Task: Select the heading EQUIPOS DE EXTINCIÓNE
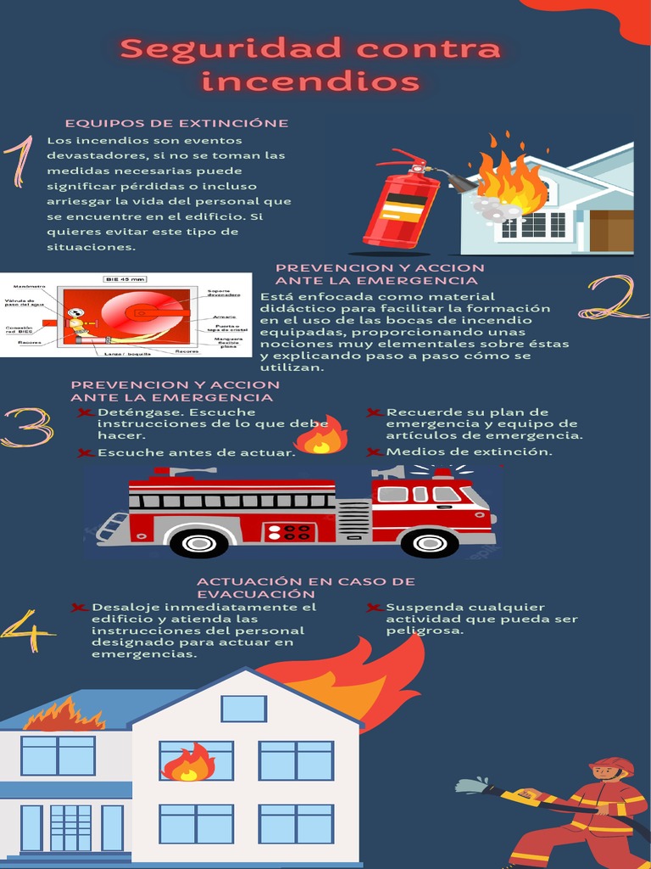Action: click(176, 123)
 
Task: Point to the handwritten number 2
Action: click(614, 298)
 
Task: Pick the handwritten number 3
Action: click(26, 428)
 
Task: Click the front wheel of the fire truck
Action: click(430, 541)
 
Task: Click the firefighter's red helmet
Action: click(612, 765)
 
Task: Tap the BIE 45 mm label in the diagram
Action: click(125, 278)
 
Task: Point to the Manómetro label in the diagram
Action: click(29, 287)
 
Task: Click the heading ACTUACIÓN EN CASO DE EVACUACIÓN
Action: click(305, 587)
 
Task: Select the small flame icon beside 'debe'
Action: click(320, 436)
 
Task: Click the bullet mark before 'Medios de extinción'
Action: click(375, 452)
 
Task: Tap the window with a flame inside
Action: click(196, 760)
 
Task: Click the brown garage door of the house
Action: click(611, 230)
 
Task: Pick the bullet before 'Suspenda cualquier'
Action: click(375, 608)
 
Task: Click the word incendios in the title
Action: click(311, 82)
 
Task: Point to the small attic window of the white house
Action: click(243, 708)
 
